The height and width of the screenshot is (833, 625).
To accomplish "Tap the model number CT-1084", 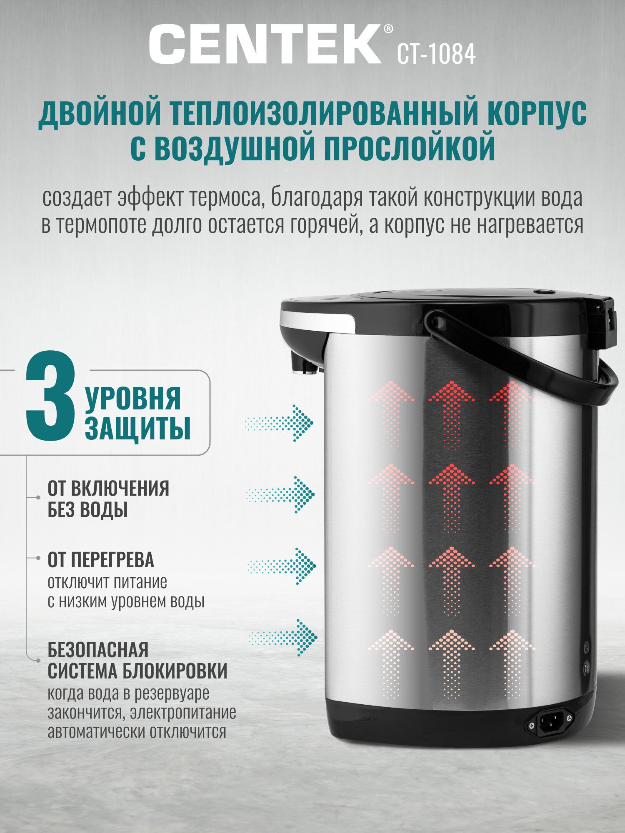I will [x=436, y=54].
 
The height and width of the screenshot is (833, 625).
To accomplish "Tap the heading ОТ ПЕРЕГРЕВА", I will [x=101, y=560].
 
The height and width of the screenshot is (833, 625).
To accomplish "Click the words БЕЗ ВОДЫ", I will [x=87, y=510].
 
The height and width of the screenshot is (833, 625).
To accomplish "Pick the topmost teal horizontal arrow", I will [x=280, y=423].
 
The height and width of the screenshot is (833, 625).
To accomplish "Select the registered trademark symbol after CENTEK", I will [x=387, y=29].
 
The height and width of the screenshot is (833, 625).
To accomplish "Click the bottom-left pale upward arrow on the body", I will [x=391, y=662].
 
